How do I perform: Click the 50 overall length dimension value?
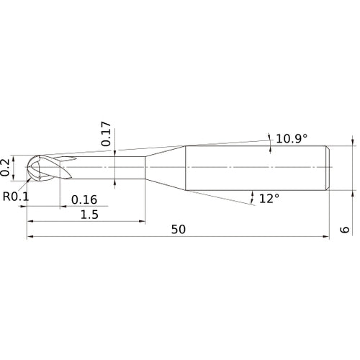[179, 229]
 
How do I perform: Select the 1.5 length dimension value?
[90, 215]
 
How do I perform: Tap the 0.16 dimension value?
[84, 199]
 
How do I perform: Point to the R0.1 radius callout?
[14, 195]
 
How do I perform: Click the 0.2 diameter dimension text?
[6, 167]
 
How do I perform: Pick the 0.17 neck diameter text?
[107, 134]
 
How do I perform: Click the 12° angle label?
[269, 197]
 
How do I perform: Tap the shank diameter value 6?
[345, 230]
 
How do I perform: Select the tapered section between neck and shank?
[166, 168]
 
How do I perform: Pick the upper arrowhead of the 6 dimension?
[353, 143]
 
